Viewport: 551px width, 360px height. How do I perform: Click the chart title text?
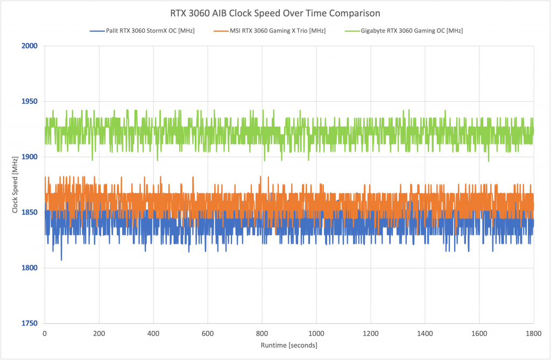coord(275,13)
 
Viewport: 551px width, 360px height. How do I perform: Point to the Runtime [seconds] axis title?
coord(289,345)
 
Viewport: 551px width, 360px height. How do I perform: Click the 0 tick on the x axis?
coord(45,333)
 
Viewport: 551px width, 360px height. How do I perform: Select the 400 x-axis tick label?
coord(153,333)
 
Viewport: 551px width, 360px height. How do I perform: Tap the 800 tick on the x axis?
coord(262,333)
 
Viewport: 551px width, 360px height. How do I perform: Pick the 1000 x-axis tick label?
coord(316,333)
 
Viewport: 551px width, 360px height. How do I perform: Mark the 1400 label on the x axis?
coord(425,333)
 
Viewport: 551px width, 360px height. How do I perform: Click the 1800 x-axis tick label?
coord(534,333)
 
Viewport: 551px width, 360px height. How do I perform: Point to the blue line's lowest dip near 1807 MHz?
coord(61,260)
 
